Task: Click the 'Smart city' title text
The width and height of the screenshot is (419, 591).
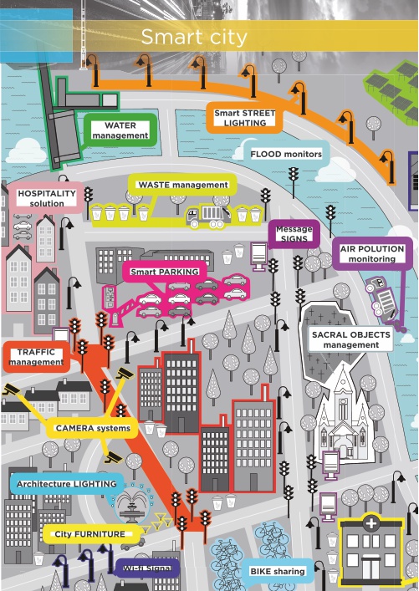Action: (x=194, y=37)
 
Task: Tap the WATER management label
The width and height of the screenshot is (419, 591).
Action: (x=120, y=130)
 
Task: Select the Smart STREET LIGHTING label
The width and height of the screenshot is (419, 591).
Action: (x=245, y=118)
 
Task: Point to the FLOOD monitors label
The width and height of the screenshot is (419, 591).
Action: (x=286, y=154)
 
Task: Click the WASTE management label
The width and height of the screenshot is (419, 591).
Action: (x=183, y=185)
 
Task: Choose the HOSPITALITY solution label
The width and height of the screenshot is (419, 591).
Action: (x=47, y=198)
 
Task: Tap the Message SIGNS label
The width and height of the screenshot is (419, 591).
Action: (x=294, y=234)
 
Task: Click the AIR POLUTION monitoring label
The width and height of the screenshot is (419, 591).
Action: (x=372, y=253)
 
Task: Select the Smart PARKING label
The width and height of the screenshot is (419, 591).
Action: (x=165, y=272)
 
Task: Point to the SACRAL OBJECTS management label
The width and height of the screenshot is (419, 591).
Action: (x=350, y=339)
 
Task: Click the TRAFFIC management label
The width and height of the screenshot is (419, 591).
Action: (x=36, y=357)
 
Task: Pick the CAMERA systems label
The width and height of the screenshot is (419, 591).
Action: (x=93, y=428)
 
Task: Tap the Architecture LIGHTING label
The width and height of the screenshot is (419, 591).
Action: (x=67, y=483)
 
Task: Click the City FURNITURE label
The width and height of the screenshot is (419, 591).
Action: (x=89, y=533)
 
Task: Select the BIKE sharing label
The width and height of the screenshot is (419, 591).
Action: (x=278, y=571)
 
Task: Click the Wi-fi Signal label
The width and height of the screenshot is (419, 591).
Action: (x=146, y=568)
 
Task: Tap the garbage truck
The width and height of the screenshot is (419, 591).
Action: (x=207, y=216)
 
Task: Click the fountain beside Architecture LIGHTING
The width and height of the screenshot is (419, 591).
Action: (x=132, y=504)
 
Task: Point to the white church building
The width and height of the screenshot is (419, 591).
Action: (x=343, y=414)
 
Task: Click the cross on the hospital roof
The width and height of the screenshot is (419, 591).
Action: (x=371, y=523)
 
